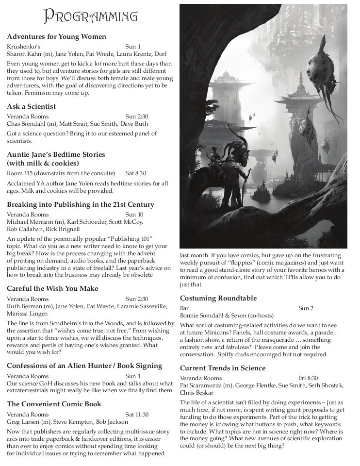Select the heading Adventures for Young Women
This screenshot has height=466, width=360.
[x=56, y=36]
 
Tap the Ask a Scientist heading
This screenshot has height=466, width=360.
[x=31, y=106]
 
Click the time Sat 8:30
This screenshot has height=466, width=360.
[x=135, y=173]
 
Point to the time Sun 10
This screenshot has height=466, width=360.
[x=134, y=214]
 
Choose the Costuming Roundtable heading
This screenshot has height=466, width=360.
[x=218, y=298]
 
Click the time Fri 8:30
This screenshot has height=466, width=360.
[x=309, y=378]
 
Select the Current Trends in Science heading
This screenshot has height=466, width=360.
[x=223, y=368]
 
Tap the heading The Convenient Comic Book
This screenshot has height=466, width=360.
[x=54, y=404]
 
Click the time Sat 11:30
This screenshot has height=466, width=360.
[x=137, y=415]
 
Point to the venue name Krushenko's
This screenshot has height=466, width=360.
[x=24, y=47]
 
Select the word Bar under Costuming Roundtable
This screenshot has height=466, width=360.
[x=184, y=308]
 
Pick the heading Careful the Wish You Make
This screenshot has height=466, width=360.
[x=52, y=288]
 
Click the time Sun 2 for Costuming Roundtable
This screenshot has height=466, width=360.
[x=306, y=308]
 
